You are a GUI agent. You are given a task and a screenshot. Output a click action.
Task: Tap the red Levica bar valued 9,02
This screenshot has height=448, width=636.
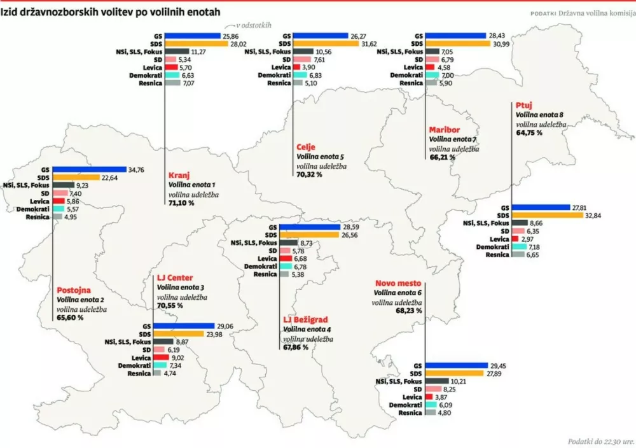(x=162, y=358)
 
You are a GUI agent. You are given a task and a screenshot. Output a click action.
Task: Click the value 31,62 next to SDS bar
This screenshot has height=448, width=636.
(x=371, y=44)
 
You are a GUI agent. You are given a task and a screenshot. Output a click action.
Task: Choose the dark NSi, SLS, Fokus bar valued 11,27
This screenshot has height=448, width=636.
(x=177, y=52)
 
